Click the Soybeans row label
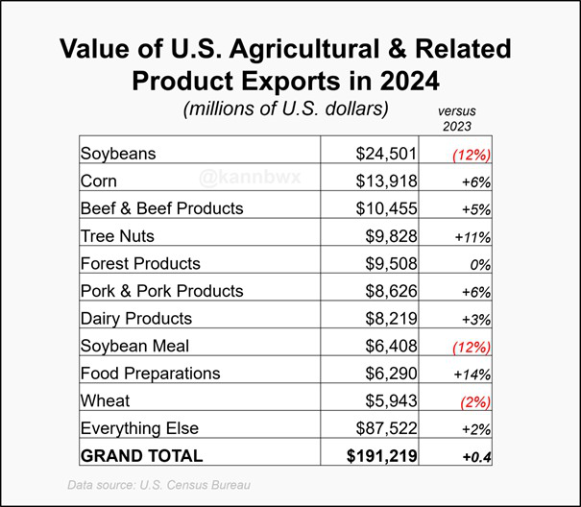click(118, 154)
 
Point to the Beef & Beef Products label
click(161, 208)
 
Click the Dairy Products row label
click(136, 319)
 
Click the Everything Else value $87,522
click(382, 428)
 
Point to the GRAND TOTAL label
click(141, 456)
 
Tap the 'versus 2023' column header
click(456, 118)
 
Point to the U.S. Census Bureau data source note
click(158, 485)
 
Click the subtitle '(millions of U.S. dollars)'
click(285, 109)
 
